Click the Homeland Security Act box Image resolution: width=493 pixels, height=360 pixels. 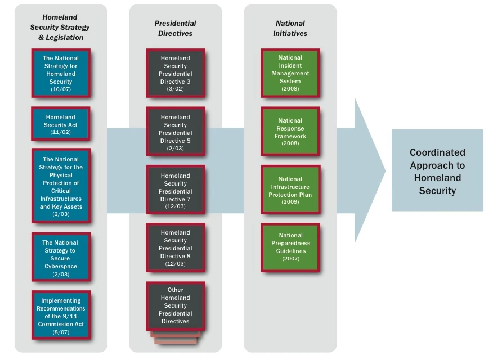coord(61,124)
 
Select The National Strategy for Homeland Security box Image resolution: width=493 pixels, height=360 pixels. coord(61,73)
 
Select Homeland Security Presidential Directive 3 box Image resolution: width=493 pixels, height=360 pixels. coord(176,73)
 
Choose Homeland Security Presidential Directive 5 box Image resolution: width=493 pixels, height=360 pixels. coord(176,132)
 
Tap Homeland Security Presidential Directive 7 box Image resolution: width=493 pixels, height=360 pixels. coord(176,190)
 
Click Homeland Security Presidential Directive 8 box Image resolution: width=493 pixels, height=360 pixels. coord(176,247)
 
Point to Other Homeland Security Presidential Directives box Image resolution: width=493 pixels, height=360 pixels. coord(176,306)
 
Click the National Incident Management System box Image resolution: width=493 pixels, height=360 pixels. coord(290,73)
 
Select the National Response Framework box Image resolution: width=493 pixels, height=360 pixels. coord(290,132)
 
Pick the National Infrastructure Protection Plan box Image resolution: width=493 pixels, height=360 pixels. coord(290,190)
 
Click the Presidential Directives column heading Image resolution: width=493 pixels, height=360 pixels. coord(176,29)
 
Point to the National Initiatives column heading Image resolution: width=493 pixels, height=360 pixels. coord(290,29)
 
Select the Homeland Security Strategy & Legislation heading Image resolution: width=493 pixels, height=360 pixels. coord(60,28)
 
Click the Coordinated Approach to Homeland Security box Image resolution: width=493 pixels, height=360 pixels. coord(437,171)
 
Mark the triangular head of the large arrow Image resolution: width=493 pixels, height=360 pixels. coord(368,170)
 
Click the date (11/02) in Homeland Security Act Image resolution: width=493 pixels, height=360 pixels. coord(60,133)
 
